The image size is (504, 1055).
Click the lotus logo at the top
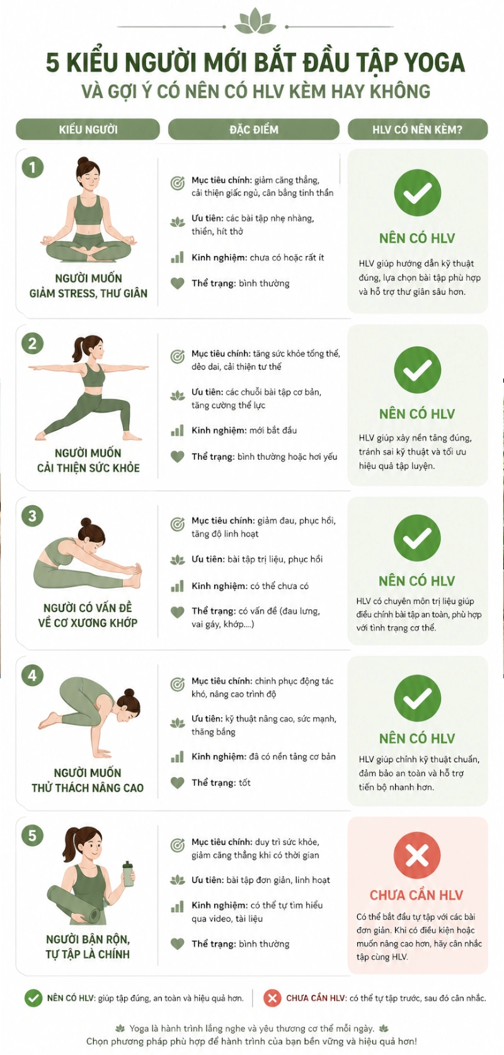pyautogui.click(x=255, y=22)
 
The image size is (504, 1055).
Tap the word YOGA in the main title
pyautogui.click(x=434, y=62)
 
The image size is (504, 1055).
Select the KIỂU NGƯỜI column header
pyautogui.click(x=88, y=129)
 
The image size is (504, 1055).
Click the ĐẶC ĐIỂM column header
pyautogui.click(x=253, y=129)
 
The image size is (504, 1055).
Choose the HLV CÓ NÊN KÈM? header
pyautogui.click(x=417, y=129)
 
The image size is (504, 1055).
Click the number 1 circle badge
pyautogui.click(x=33, y=168)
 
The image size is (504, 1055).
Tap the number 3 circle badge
pyautogui.click(x=33, y=516)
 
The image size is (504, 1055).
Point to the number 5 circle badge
pyautogui.click(x=33, y=836)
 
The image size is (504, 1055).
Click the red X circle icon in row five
pyautogui.click(x=416, y=855)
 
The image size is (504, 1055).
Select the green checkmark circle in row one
pyautogui.click(x=416, y=193)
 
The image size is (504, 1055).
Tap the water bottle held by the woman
pyautogui.click(x=128, y=875)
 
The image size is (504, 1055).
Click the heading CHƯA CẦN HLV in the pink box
pyautogui.click(x=416, y=895)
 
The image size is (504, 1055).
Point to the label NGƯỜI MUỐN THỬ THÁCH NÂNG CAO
pyautogui.click(x=88, y=780)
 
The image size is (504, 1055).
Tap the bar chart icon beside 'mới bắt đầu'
pyautogui.click(x=178, y=431)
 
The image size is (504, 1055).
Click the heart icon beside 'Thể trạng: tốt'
pyautogui.click(x=178, y=783)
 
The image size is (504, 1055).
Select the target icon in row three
pyautogui.click(x=178, y=524)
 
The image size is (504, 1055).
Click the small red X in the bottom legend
pyautogui.click(x=272, y=998)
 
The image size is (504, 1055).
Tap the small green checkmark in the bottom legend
pyautogui.click(x=33, y=998)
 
